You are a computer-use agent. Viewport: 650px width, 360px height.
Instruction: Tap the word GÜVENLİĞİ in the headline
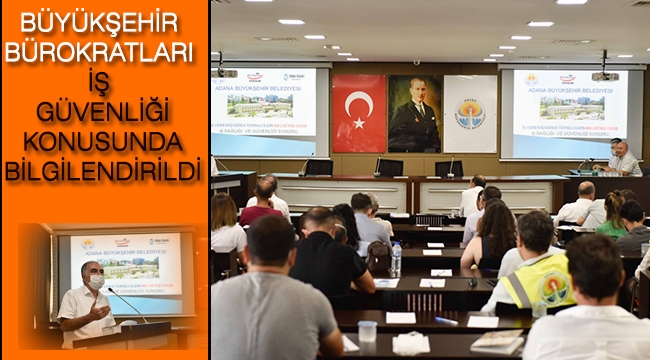point(104,110)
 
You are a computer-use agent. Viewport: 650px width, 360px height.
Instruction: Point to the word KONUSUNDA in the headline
point(104,139)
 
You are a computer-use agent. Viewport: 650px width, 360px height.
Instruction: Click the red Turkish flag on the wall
point(358,113)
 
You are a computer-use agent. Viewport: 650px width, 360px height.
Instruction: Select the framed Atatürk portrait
point(414,113)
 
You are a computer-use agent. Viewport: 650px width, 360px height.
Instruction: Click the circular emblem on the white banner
point(470,112)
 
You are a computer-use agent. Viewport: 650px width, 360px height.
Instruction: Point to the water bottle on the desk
point(396,258)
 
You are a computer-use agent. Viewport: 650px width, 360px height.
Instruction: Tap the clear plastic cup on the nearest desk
point(367,331)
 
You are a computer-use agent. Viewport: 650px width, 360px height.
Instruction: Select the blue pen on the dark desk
point(446,321)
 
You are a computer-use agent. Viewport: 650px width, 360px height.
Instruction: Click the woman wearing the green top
point(613,214)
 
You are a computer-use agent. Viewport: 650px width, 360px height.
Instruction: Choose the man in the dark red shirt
point(261,204)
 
